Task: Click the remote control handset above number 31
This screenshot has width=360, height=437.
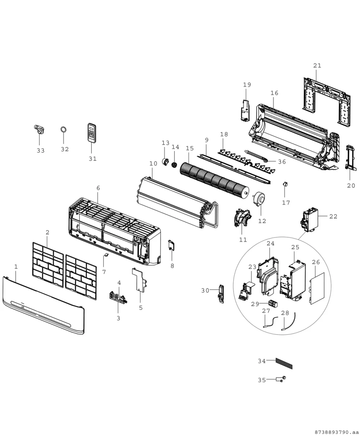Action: pyautogui.click(x=92, y=133)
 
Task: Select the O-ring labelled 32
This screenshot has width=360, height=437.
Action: pyautogui.click(x=64, y=129)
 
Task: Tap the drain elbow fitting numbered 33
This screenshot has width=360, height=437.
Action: pyautogui.click(x=39, y=130)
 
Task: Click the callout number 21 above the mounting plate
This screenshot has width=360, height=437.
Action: pyautogui.click(x=317, y=65)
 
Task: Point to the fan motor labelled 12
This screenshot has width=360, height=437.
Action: pyautogui.click(x=259, y=199)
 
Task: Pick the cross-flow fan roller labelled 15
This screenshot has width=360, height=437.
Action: pyautogui.click(x=215, y=179)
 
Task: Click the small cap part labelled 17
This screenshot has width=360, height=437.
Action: pyautogui.click(x=285, y=184)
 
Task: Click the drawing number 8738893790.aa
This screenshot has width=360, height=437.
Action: pyautogui.click(x=337, y=432)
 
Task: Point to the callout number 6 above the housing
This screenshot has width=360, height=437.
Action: pyautogui.click(x=98, y=188)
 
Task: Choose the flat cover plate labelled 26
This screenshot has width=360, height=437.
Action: pyautogui.click(x=317, y=288)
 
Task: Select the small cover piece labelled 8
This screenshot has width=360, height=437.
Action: pyautogui.click(x=171, y=245)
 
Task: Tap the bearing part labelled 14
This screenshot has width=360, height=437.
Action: pyautogui.click(x=174, y=165)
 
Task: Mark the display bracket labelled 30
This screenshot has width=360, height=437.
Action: pyautogui.click(x=221, y=294)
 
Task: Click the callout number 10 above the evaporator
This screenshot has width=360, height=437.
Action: pyautogui.click(x=153, y=164)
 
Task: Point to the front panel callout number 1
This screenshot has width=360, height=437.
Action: pyautogui.click(x=16, y=267)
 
